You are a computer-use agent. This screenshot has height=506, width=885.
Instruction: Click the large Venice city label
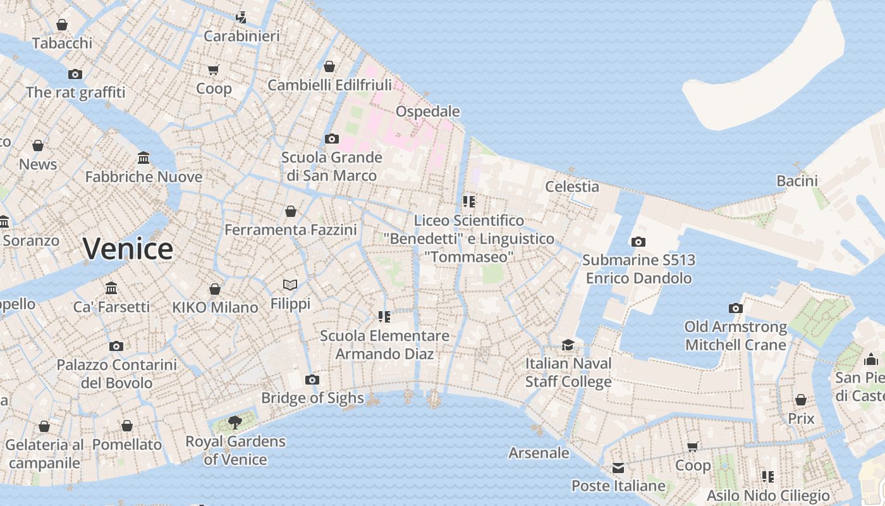128,249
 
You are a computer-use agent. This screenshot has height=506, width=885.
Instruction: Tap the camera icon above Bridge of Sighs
312,379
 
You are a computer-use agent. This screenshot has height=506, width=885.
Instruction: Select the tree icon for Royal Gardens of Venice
235,422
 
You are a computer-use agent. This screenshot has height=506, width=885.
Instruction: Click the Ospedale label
427,111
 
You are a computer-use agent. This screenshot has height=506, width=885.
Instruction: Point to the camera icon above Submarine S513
638,242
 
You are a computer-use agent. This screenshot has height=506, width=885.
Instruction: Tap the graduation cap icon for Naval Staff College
568,345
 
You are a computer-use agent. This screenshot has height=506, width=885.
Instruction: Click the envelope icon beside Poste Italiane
618,468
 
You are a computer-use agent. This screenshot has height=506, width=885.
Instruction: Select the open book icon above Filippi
290,285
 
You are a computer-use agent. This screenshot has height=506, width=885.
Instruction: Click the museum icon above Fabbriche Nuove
143,157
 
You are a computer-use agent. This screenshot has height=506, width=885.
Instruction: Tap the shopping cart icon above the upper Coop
214,70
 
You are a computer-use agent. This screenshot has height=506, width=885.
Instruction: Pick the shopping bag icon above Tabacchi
62,25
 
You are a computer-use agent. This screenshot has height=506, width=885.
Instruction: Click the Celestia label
571,186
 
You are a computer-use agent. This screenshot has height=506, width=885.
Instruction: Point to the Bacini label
796,181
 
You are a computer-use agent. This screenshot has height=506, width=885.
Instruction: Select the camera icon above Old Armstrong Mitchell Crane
735,308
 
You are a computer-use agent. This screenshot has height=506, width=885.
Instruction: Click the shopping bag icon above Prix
801,400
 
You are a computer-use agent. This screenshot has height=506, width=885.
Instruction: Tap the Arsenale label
539,453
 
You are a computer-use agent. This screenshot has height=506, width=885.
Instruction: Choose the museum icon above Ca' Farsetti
111,288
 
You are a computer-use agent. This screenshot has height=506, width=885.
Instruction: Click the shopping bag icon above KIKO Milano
215,289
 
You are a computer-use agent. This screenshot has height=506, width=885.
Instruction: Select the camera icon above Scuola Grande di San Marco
332,139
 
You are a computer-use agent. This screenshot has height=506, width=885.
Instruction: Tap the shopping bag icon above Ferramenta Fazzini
291,211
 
